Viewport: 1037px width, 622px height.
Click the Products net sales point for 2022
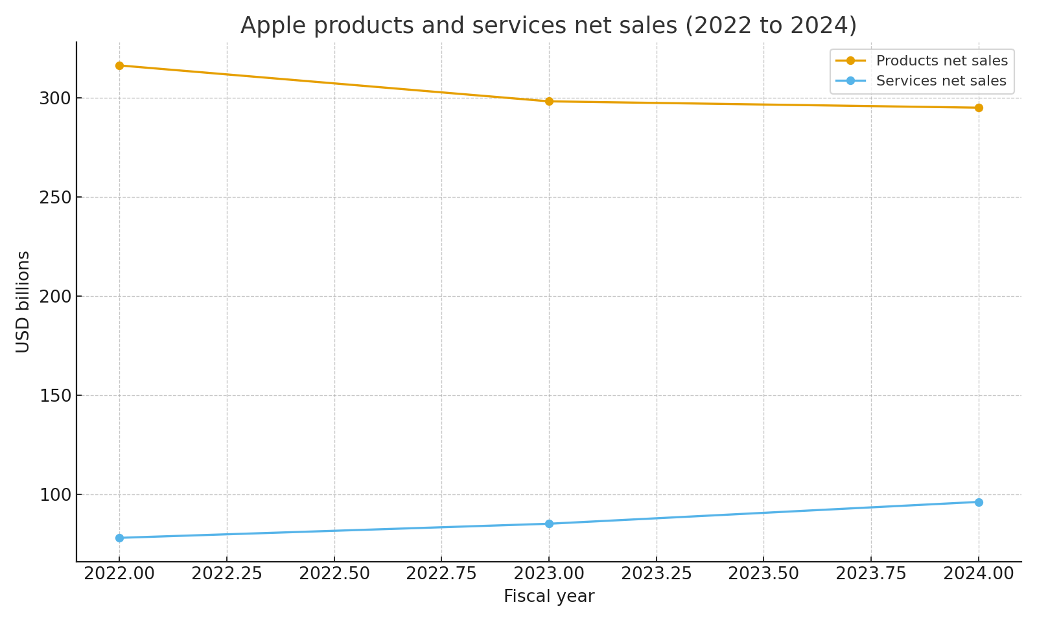click(119, 65)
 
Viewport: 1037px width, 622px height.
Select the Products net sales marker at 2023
click(549, 101)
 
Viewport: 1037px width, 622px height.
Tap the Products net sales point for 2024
click(979, 108)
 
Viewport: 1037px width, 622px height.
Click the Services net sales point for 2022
click(119, 538)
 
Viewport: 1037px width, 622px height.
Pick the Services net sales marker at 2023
click(549, 524)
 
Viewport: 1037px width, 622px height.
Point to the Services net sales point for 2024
click(979, 502)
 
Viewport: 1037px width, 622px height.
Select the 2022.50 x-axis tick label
click(334, 574)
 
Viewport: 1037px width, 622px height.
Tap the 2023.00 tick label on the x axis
click(549, 574)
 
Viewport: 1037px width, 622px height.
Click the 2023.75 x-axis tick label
click(871, 574)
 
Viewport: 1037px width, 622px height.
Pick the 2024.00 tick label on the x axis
click(979, 574)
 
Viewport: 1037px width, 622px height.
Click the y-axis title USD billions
click(23, 302)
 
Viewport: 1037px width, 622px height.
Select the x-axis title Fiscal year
click(549, 597)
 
